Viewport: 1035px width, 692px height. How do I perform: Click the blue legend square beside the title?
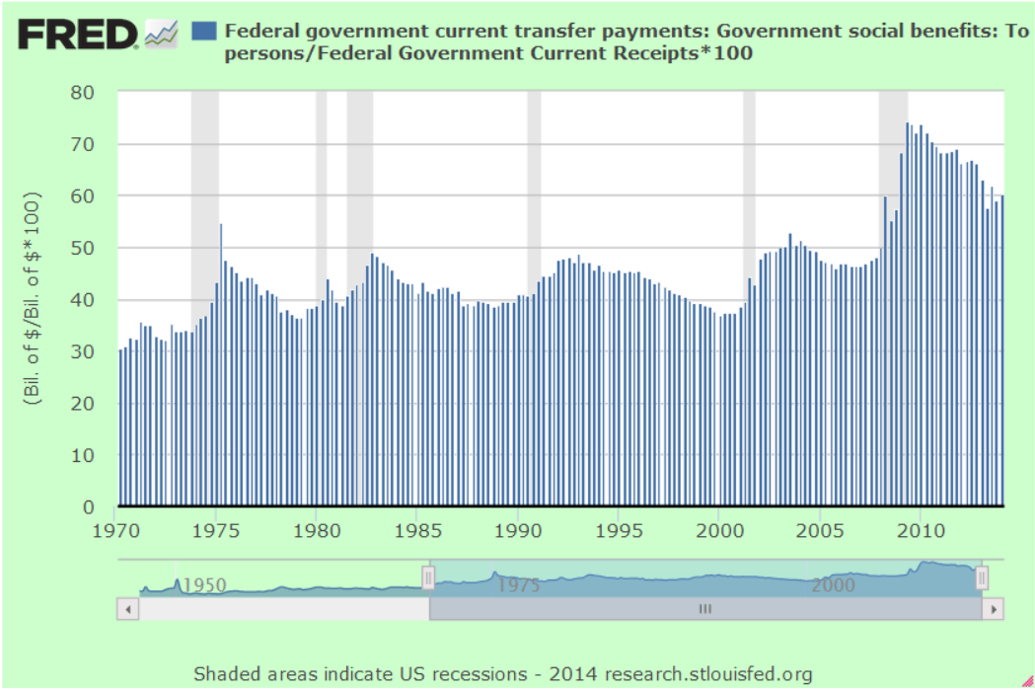click(x=204, y=31)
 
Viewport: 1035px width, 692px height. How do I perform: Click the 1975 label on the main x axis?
click(x=217, y=529)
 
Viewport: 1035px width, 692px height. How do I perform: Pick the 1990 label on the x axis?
click(x=518, y=529)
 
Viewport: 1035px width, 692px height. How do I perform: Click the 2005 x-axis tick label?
click(x=819, y=529)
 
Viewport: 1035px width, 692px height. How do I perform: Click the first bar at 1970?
click(x=120, y=424)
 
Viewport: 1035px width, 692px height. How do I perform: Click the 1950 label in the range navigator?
click(x=203, y=584)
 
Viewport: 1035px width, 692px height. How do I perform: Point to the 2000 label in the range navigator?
click(x=833, y=584)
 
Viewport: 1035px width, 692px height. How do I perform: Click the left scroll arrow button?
click(x=127, y=610)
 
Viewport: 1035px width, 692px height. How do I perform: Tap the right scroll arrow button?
click(x=992, y=610)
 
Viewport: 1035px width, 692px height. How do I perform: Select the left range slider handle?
click(x=428, y=578)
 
